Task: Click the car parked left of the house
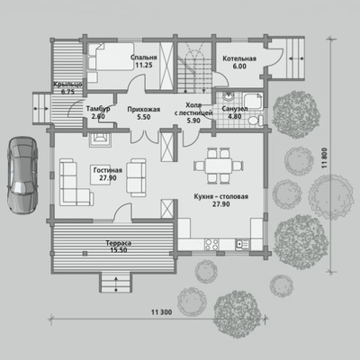tap(22, 175)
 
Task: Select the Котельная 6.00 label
tap(239, 62)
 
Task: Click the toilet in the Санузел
tap(255, 121)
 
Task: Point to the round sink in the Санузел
tap(229, 97)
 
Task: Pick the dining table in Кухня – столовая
tap(219, 166)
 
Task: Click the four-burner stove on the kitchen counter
tap(211, 244)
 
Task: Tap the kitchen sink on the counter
tap(242, 244)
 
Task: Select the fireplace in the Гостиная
tap(100, 139)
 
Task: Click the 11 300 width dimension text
tap(162, 312)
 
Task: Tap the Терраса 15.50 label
tap(119, 247)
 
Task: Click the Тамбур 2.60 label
tap(98, 112)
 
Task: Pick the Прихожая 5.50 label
tap(144, 113)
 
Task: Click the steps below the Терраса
tap(116, 282)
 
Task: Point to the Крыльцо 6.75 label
tap(67, 88)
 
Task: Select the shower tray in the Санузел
tap(253, 102)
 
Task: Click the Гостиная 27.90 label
tap(108, 174)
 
